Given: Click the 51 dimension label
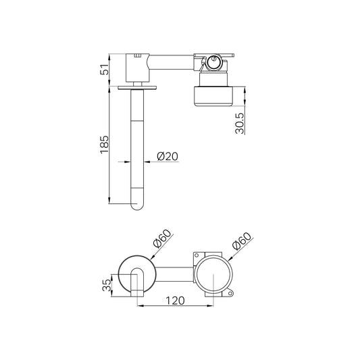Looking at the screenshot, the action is tap(105, 70).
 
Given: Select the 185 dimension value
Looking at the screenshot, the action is tap(105, 145).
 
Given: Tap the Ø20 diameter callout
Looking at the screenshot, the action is tap(168, 156).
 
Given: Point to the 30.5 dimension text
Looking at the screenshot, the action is tap(240, 123).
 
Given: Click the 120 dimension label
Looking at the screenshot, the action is tap(175, 301).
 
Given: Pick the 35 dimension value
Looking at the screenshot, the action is tap(107, 286).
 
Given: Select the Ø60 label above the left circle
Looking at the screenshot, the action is tap(163, 239).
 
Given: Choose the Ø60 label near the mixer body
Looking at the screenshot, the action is tap(242, 241).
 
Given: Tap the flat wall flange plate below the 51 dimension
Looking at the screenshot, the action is tap(137, 88).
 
